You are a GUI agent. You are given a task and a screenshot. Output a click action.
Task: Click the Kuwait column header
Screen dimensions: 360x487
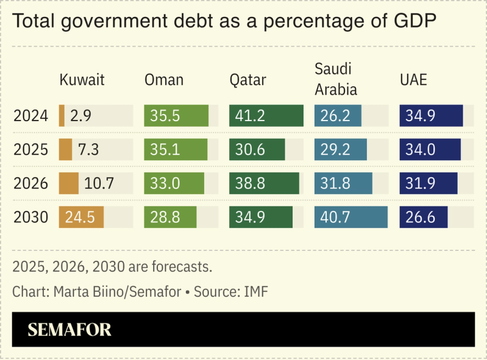[x=82, y=80]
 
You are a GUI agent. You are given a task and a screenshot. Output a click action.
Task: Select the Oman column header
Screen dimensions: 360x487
[x=163, y=80]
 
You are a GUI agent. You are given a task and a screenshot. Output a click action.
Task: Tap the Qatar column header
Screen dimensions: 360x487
[x=247, y=80]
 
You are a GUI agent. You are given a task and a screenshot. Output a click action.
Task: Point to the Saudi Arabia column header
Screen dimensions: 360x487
[x=335, y=79]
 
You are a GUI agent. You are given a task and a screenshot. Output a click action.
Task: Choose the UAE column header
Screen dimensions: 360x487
[x=413, y=80]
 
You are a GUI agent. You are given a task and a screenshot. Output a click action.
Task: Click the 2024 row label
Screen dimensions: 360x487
[x=30, y=116]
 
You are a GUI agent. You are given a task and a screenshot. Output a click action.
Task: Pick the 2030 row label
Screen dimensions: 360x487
[x=30, y=217]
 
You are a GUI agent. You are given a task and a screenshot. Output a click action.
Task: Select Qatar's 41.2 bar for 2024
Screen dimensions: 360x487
[x=266, y=116]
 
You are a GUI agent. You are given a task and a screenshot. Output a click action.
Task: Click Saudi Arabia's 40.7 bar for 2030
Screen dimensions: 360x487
[x=350, y=217]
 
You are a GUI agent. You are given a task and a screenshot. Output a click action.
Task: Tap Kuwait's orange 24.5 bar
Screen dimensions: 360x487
[x=81, y=217]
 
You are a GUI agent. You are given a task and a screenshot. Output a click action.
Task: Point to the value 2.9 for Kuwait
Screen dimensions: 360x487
[x=80, y=116]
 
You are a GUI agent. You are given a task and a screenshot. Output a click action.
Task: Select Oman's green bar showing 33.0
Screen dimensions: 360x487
[x=174, y=183]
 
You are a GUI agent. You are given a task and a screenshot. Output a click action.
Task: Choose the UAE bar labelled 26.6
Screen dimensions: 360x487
[x=423, y=217]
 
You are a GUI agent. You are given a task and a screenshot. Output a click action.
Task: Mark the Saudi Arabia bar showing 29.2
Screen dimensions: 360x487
[x=340, y=150]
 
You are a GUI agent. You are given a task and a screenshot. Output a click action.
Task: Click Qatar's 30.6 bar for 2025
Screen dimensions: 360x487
[x=257, y=150]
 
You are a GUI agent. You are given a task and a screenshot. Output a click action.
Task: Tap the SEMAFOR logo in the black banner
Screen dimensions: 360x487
[x=69, y=330]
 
